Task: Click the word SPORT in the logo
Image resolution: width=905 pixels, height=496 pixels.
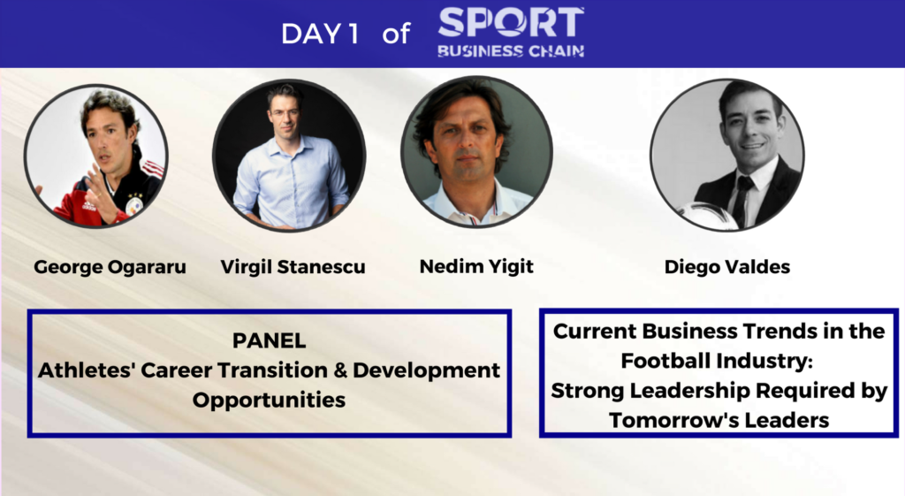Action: pyautogui.click(x=511, y=22)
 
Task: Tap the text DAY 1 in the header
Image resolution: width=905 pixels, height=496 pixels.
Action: pyautogui.click(x=320, y=34)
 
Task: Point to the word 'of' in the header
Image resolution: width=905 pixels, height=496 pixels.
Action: pyautogui.click(x=396, y=34)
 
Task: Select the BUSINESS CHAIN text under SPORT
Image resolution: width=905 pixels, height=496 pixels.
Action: pyautogui.click(x=511, y=50)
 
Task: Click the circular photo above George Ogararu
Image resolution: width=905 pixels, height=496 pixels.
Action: pyautogui.click(x=95, y=156)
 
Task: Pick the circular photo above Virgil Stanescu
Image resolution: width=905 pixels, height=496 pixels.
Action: pyautogui.click(x=289, y=155)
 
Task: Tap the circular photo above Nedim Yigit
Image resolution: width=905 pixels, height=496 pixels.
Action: pyautogui.click(x=476, y=151)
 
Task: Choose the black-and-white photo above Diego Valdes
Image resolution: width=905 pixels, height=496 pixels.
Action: pyautogui.click(x=727, y=155)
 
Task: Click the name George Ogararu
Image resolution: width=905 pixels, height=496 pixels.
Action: pyautogui.click(x=110, y=267)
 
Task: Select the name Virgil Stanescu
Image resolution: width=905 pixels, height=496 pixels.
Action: pyautogui.click(x=293, y=267)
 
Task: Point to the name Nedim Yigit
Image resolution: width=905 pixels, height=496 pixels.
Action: pyautogui.click(x=476, y=266)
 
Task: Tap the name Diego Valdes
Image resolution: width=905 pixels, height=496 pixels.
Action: pyautogui.click(x=727, y=267)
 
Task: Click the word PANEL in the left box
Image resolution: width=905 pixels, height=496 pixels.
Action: pyautogui.click(x=269, y=340)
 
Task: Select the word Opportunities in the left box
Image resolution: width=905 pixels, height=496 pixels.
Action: pyautogui.click(x=269, y=401)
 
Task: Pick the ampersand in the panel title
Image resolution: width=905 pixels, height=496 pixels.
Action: pyautogui.click(x=340, y=370)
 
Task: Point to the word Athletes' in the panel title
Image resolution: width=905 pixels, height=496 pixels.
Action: pyautogui.click(x=86, y=370)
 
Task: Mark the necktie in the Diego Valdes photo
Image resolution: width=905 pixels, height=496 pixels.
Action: pyautogui.click(x=741, y=199)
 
